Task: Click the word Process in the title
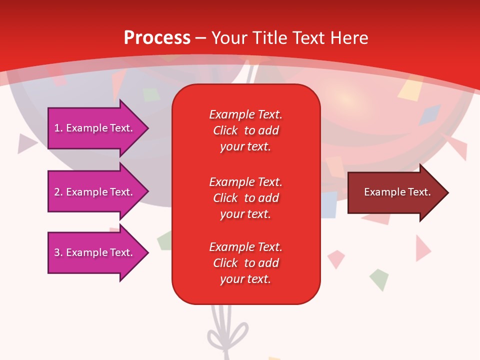point(157,38)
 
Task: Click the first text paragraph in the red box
point(245,130)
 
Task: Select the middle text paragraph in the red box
point(245,197)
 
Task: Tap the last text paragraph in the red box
point(245,263)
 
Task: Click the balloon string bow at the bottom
point(228,333)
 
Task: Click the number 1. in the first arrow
point(58,128)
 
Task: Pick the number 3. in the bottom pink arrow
point(58,252)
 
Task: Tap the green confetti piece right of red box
point(379,279)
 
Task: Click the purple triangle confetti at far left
point(26,143)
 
